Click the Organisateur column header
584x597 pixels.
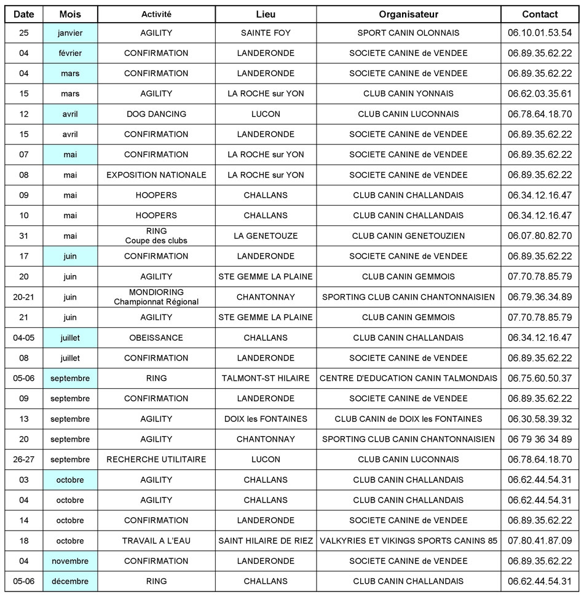pos(408,14)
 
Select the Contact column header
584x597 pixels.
pos(540,14)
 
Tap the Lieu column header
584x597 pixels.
pos(266,14)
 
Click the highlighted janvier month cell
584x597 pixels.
pos(70,33)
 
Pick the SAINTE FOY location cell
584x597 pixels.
pos(266,33)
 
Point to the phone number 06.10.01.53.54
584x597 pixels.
pos(540,33)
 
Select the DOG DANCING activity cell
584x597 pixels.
pos(156,114)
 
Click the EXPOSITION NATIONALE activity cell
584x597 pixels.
pos(156,175)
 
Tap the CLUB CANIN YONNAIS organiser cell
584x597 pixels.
pos(408,94)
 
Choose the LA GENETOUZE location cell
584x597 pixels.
pos(266,236)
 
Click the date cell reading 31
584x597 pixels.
pos(24,236)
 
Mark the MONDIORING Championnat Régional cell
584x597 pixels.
pos(156,297)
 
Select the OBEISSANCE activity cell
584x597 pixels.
pos(156,338)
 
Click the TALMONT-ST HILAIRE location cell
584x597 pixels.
pos(266,378)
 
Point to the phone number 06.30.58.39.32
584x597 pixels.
pos(540,419)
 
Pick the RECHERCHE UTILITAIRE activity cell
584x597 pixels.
pos(156,459)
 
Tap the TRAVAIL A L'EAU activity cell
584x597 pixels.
pos(156,541)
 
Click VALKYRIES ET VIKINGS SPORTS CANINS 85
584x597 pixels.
pos(408,541)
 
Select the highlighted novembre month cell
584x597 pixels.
pos(70,561)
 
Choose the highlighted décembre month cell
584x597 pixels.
pos(70,582)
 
